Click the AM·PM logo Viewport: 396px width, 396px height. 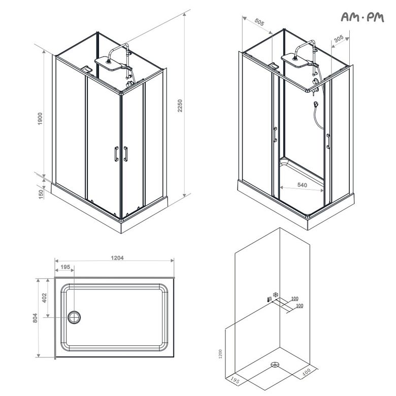click(362, 17)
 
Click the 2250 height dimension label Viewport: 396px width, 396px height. click(180, 106)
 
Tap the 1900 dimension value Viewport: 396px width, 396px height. click(40, 119)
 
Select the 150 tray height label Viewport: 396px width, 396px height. click(41, 194)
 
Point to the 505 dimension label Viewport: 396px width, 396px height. click(259, 22)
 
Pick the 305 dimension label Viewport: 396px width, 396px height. click(339, 39)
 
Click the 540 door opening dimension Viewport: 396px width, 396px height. click(302, 185)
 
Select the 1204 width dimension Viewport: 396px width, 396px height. click(117, 258)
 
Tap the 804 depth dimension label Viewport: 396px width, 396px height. click(35, 318)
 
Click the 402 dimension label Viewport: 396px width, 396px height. click(45, 298)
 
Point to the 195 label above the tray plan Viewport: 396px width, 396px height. click(65, 267)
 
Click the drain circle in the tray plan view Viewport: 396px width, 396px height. click(74, 317)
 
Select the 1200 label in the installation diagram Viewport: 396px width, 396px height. click(220, 354)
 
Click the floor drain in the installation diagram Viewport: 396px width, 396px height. click(275, 365)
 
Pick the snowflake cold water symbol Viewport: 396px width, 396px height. click(276, 294)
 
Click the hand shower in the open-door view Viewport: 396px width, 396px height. click(316, 104)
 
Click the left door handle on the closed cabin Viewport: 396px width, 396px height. click(116, 154)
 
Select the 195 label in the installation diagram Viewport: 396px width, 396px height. click(235, 381)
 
